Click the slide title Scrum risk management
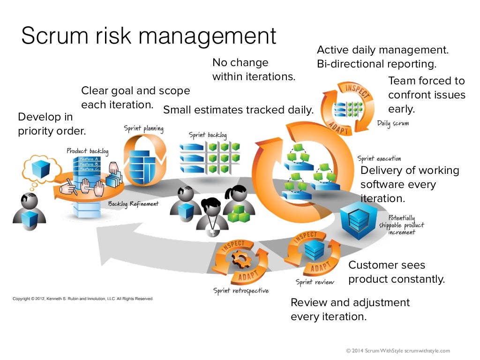(149, 36)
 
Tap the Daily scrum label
(393, 124)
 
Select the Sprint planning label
(143, 128)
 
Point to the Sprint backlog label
(208, 135)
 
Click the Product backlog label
(88, 151)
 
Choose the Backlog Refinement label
(133, 204)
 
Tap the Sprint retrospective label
(241, 291)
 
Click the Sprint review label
(315, 282)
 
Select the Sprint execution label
(379, 158)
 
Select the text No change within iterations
(254, 69)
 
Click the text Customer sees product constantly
(396, 272)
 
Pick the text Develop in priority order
(52, 124)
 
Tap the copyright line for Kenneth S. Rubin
(82, 299)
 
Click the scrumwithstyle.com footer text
(397, 350)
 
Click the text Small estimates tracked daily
(238, 110)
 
